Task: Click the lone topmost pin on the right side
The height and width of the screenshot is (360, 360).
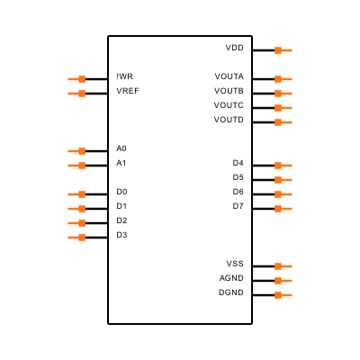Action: pos(283,50)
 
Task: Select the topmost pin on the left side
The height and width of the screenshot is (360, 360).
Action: pos(77,79)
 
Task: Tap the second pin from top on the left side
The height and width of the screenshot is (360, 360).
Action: pos(77,94)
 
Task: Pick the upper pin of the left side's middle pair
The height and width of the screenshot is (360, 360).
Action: pos(77,151)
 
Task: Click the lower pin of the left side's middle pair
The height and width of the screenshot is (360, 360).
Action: pos(77,166)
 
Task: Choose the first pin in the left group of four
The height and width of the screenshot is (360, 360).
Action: pos(77,194)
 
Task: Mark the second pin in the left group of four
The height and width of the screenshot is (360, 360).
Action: pos(77,209)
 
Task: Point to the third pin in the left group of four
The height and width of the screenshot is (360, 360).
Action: pos(77,223)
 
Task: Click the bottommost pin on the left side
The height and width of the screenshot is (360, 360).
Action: pos(77,238)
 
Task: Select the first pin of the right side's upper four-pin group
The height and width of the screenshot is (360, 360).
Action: pos(283,79)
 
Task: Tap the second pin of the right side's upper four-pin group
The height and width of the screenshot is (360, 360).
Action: pos(283,94)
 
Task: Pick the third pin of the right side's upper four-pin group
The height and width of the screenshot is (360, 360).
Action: pos(283,108)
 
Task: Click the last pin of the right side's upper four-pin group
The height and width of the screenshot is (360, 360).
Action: pos(283,122)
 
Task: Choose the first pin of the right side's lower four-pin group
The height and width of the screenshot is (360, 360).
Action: pos(283,166)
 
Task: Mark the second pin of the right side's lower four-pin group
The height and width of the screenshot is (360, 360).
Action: pos(283,180)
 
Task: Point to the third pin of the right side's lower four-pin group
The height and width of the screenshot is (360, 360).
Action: pos(283,194)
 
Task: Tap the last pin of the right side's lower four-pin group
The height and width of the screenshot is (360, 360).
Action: pos(283,209)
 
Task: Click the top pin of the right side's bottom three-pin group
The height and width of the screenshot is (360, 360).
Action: pos(283,266)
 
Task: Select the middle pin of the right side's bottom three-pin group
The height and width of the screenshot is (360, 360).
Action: pos(283,281)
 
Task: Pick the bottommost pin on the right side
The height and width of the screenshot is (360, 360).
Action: pos(283,295)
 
